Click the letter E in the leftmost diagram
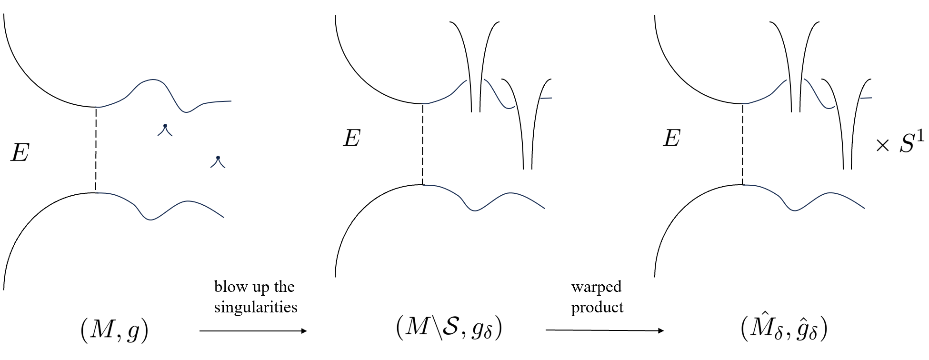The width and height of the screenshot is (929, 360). pos(20,154)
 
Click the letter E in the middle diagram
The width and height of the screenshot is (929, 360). pos(351,139)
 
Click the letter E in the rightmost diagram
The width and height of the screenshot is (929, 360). pos(671,139)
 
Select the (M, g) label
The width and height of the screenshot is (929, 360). pos(114,331)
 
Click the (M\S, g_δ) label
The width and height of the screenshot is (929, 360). pos(449,329)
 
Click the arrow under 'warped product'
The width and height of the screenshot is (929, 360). pos(604,330)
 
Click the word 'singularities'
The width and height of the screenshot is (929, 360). pos(256,307)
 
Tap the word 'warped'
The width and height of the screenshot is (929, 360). pos(596,287)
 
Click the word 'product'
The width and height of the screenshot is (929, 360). pos(597,307)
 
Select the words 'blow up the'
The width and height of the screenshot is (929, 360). pos(254,287)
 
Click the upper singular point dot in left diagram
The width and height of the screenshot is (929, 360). pos(165,126)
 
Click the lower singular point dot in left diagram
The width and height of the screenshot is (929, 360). pos(218,158)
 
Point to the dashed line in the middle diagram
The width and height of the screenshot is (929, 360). pos(422,144)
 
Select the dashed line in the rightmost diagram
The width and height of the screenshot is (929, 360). pos(742,144)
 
